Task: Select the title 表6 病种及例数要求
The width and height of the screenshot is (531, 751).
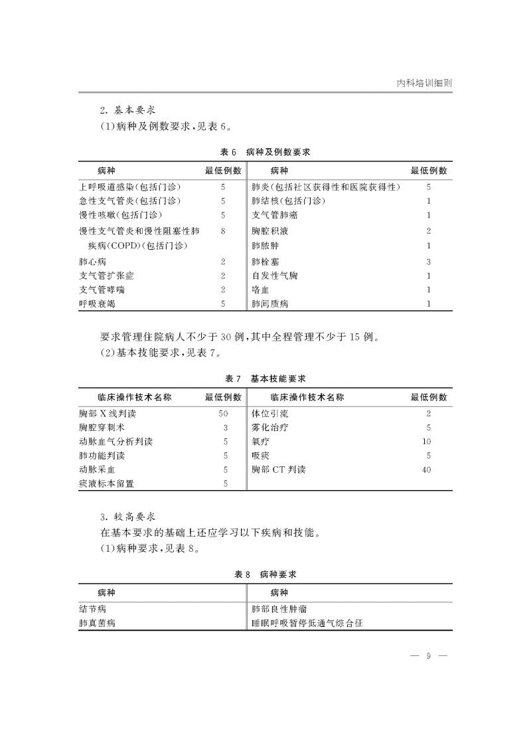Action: click(265, 152)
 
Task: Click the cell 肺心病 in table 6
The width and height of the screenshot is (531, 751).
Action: click(92, 262)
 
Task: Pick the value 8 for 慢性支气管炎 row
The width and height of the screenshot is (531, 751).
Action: click(224, 231)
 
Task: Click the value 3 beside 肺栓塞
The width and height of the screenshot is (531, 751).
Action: click(429, 262)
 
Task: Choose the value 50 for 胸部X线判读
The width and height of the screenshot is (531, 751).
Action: click(223, 414)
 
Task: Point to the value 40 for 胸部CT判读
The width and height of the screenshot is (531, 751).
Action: click(427, 469)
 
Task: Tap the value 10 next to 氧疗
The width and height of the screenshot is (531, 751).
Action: click(427, 442)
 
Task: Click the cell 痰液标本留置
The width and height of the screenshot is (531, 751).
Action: click(106, 483)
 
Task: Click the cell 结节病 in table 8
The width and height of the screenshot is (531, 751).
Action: click(92, 609)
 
